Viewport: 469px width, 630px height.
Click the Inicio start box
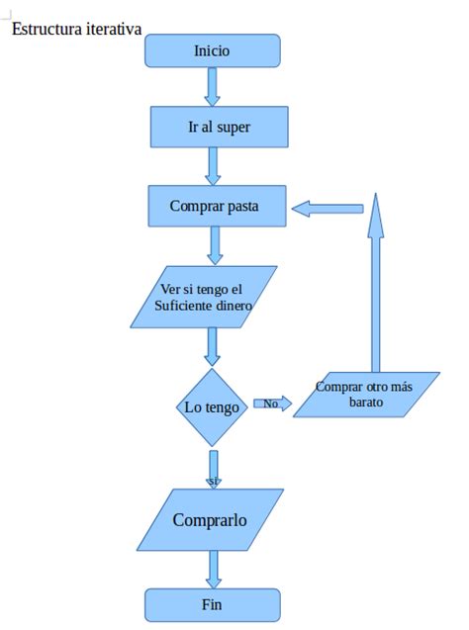tap(213, 50)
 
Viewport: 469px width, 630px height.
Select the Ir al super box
tap(219, 127)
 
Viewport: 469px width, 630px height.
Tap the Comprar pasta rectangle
tap(217, 206)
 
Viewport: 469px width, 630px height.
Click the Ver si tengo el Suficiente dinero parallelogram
tap(206, 297)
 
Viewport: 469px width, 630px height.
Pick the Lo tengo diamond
tap(211, 407)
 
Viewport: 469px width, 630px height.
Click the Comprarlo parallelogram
tap(210, 519)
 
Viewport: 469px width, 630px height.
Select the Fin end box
tap(212, 604)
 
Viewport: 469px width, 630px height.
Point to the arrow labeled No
tap(274, 404)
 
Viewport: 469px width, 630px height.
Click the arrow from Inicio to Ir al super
tap(212, 87)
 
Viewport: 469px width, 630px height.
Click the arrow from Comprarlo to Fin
tap(213, 569)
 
